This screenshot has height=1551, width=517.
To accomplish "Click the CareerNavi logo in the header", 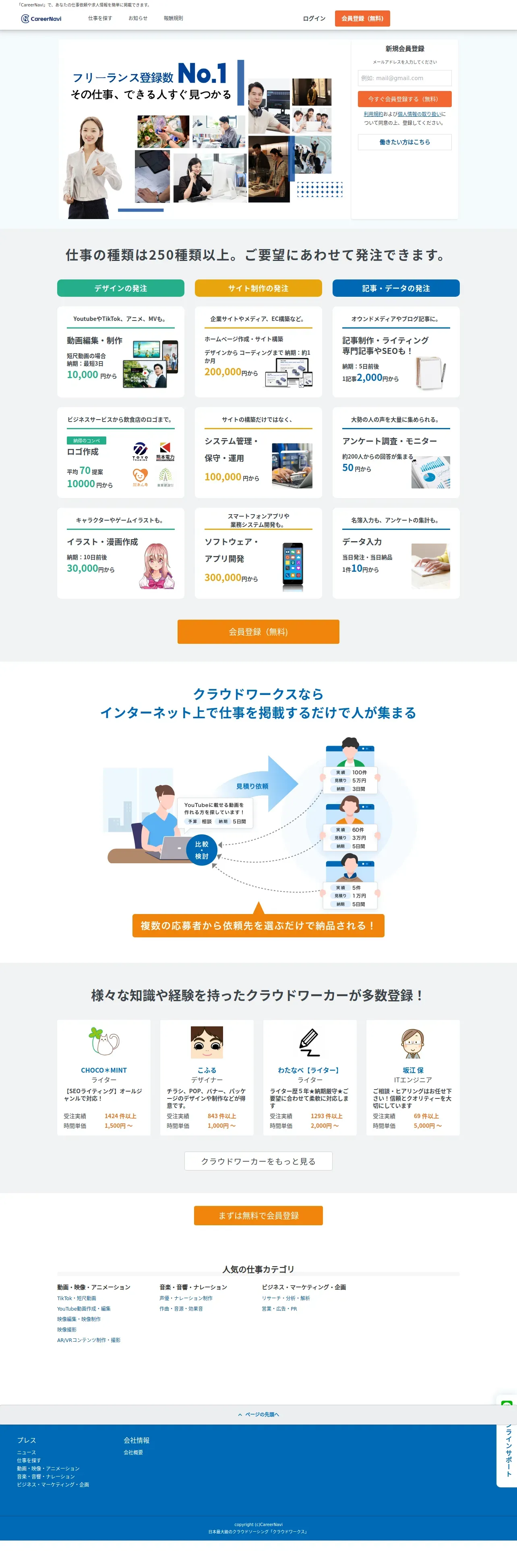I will (41, 19).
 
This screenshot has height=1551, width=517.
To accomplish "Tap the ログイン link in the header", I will (314, 19).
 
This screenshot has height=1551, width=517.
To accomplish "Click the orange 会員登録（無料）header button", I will (362, 19).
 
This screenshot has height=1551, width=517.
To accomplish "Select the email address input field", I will (404, 78).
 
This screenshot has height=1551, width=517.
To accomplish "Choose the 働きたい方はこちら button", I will (404, 142).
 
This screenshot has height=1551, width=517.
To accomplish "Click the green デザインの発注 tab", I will (120, 288).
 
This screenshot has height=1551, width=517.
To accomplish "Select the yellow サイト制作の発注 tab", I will (258, 288).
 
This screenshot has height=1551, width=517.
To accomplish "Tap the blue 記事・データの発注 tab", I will (396, 288).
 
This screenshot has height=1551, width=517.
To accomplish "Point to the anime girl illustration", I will (157, 566).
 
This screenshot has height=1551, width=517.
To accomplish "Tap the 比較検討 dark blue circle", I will (202, 850).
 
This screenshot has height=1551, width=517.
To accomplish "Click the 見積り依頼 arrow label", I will (252, 786).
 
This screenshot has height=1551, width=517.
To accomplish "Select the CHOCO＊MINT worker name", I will (103, 1070).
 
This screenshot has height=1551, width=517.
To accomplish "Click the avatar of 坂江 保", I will (413, 1043).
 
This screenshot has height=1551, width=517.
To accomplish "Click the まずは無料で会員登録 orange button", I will (258, 1215).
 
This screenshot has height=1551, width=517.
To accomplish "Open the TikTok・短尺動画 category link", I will (77, 1298).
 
